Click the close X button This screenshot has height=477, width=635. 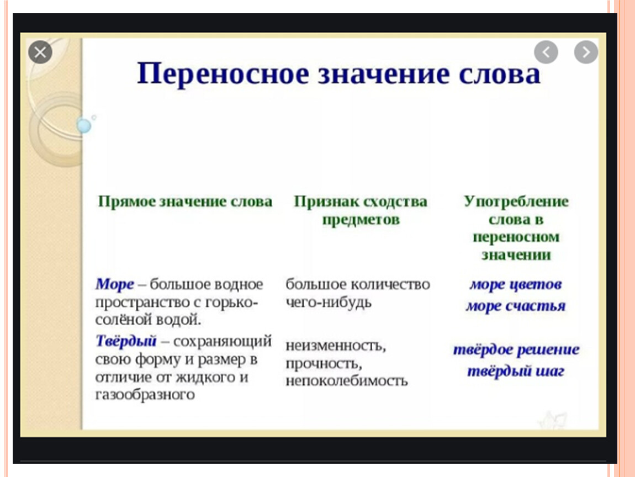click(x=40, y=52)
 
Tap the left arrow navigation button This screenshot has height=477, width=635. click(x=546, y=52)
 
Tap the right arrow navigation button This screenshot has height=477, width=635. click(x=586, y=52)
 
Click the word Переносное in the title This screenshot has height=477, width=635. click(x=223, y=75)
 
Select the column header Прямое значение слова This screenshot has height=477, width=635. click(x=185, y=202)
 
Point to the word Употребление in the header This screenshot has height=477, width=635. click(x=516, y=202)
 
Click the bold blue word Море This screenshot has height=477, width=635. click(x=115, y=284)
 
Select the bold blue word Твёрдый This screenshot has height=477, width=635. click(x=126, y=341)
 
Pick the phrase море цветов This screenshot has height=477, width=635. click(x=516, y=284)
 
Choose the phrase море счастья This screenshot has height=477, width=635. click(x=516, y=306)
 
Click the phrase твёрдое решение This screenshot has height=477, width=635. click(x=516, y=349)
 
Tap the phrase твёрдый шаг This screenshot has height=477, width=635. click(x=516, y=371)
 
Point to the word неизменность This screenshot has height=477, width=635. click(x=336, y=346)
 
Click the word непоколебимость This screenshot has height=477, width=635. click(x=347, y=381)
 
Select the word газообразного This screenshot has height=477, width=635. click(x=145, y=394)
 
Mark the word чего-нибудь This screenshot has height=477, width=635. click(x=329, y=302)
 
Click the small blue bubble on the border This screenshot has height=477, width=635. click(x=84, y=125)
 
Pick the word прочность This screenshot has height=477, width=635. click(x=324, y=364)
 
